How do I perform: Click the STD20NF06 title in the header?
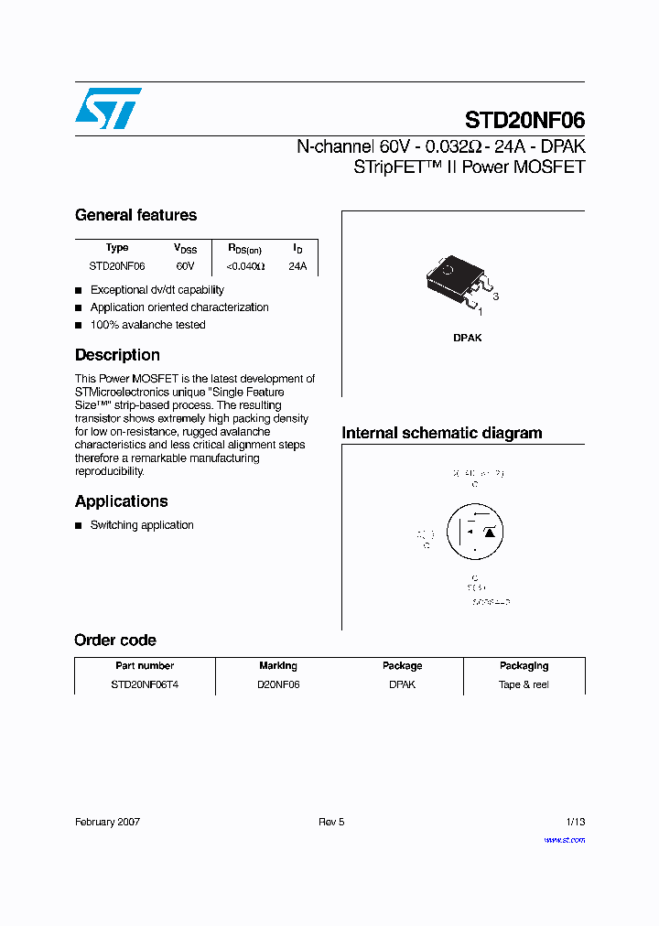(524, 120)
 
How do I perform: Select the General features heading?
(135, 215)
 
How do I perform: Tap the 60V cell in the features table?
(185, 266)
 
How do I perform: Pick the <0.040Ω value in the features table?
(244, 266)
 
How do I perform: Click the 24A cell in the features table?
(297, 266)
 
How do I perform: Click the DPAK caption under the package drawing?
(467, 338)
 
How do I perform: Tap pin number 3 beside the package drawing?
(495, 297)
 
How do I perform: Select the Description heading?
(117, 355)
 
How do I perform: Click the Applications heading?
(121, 501)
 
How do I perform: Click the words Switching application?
(142, 525)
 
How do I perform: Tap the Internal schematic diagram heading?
(441, 433)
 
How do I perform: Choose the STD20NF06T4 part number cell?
(145, 684)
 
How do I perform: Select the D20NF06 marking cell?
(278, 684)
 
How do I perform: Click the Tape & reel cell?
(524, 684)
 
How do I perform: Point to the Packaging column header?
(524, 666)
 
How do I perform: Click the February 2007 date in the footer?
(107, 822)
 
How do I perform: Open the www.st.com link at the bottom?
(564, 840)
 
